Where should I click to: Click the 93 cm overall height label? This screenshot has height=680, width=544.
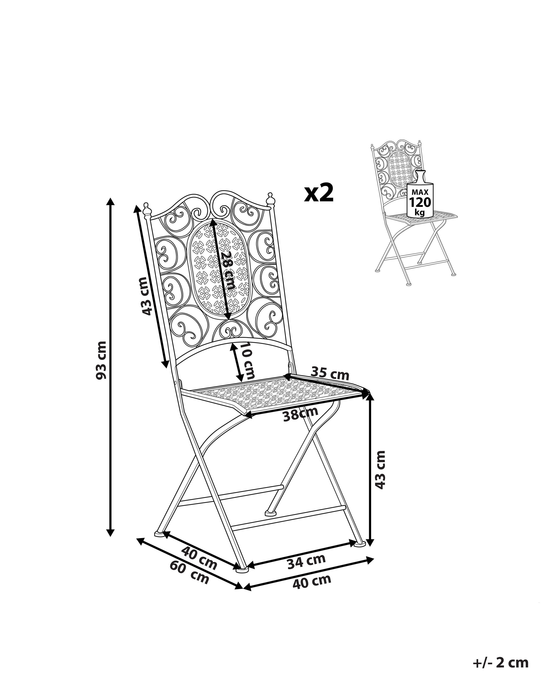coord(102,360)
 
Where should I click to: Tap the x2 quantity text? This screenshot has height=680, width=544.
coord(319,193)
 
